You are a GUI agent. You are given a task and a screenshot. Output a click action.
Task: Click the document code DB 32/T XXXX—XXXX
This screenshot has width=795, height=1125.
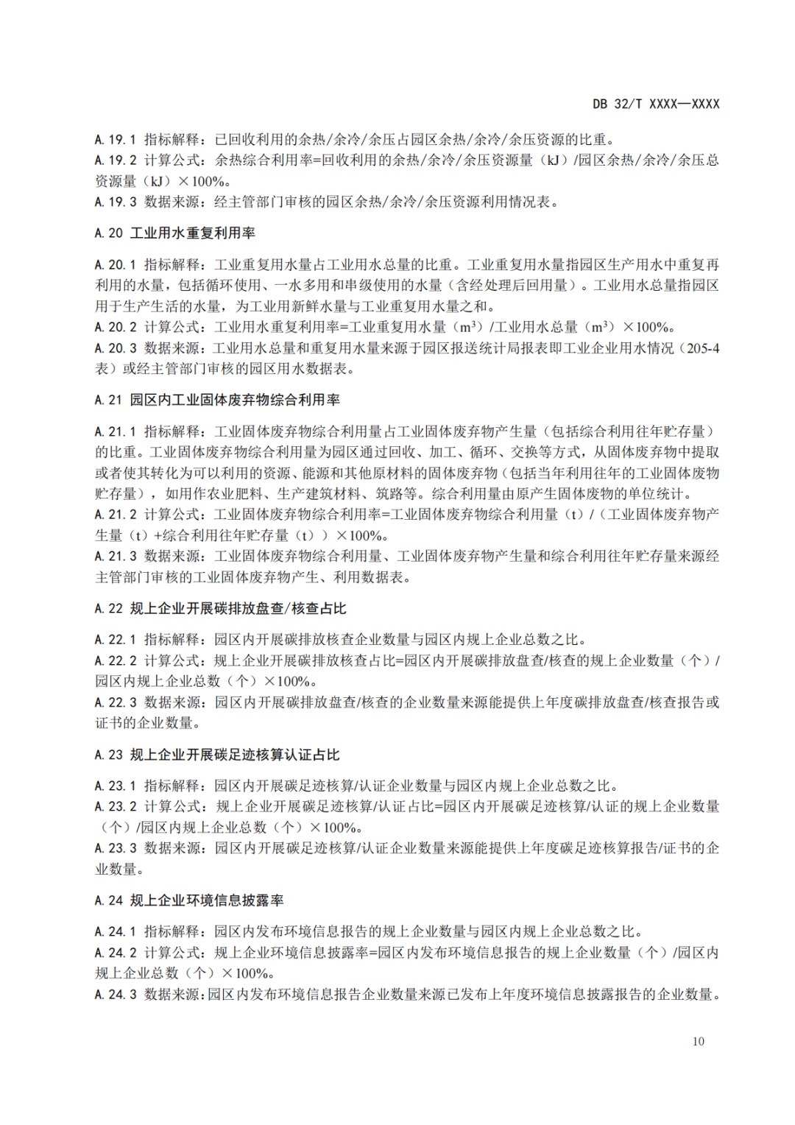tap(656, 104)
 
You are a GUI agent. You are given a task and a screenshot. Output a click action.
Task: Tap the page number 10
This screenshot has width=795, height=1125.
tap(699, 1041)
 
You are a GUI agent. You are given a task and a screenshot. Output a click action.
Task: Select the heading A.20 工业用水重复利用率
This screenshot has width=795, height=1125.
tap(175, 233)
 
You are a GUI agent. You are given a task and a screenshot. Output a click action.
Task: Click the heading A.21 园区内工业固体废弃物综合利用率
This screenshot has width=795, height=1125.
tap(217, 401)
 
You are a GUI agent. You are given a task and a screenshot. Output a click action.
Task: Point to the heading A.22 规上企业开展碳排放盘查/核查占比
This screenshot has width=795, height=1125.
tap(220, 609)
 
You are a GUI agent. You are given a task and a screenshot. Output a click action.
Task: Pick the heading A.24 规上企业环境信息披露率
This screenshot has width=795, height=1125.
tap(189, 900)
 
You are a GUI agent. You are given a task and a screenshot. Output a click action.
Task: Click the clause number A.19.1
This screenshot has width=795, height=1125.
tap(116, 138)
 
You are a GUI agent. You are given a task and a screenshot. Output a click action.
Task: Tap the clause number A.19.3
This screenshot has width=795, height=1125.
tap(116, 202)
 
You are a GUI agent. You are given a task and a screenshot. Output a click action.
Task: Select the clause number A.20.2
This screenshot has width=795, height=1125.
tap(116, 327)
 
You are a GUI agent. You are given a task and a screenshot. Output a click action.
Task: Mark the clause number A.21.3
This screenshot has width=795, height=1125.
tap(116, 557)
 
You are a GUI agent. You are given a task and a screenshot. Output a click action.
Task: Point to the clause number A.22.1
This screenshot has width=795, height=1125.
tap(116, 640)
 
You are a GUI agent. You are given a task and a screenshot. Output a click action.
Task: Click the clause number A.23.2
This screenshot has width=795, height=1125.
tap(116, 806)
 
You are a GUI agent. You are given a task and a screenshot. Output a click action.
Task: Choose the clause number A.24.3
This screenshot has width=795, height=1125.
tap(116, 995)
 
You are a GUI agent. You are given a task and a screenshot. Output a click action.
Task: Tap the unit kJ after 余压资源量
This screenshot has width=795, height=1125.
tap(551, 160)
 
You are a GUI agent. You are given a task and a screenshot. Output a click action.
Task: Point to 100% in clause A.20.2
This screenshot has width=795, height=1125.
tap(655, 327)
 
